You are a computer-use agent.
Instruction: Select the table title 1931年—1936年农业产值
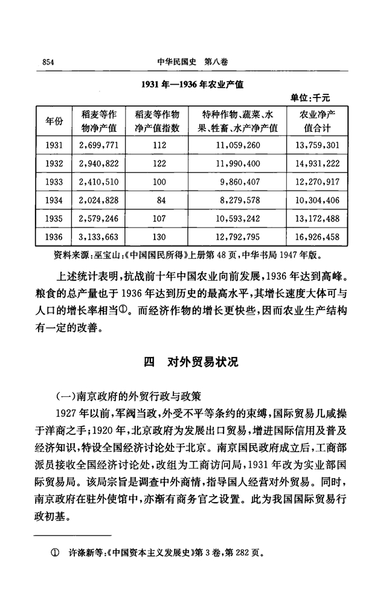(192, 85)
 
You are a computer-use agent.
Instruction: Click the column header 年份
(54, 122)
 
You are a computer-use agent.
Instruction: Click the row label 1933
(54, 181)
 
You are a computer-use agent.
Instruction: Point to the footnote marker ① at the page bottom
(58, 553)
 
